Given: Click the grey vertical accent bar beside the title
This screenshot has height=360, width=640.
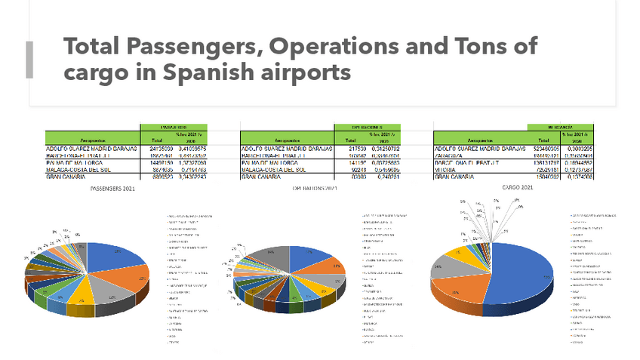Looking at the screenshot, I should [x=29, y=60].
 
